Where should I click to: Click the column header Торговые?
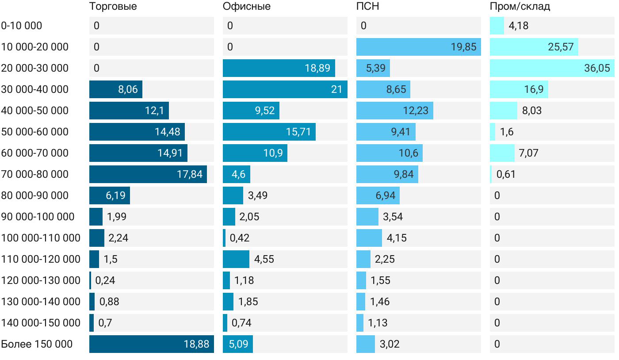[x=113, y=7]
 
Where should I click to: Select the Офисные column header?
[x=246, y=7]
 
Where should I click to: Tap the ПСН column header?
[x=367, y=7]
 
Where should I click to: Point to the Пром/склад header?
[x=520, y=7]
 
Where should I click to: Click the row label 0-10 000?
[x=22, y=26]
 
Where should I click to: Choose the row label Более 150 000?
[x=37, y=344]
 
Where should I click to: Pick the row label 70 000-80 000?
[x=35, y=174]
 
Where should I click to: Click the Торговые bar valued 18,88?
[x=151, y=344]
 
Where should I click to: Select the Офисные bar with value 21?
[x=285, y=89]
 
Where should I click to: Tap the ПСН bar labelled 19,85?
[x=418, y=47]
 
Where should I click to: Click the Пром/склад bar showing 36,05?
[x=552, y=68]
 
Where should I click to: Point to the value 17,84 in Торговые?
[x=190, y=174]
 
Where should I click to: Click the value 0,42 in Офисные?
[x=240, y=238]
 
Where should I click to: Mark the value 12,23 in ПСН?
[x=416, y=111]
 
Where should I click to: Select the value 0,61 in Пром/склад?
[x=506, y=174]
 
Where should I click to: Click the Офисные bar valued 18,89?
[x=279, y=68]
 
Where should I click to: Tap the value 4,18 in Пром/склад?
[x=518, y=26]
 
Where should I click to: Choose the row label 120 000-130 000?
[x=41, y=280]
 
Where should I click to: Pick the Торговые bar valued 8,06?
[x=115, y=89]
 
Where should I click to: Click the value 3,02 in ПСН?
[x=390, y=344]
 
